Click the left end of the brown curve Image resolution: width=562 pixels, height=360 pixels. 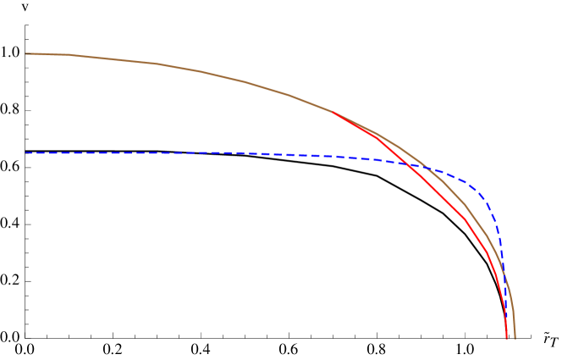(x=26, y=53)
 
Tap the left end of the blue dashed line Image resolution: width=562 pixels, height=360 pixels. (x=26, y=152)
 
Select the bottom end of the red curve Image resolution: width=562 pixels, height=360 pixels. (x=506, y=339)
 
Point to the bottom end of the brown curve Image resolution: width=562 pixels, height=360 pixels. (x=515, y=339)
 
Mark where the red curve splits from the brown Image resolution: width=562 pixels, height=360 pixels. (x=332, y=112)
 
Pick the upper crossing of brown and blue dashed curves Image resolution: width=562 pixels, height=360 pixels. (x=427, y=168)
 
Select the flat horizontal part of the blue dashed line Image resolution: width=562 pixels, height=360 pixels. (x=169, y=152)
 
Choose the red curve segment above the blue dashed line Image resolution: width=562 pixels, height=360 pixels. (x=372, y=134)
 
